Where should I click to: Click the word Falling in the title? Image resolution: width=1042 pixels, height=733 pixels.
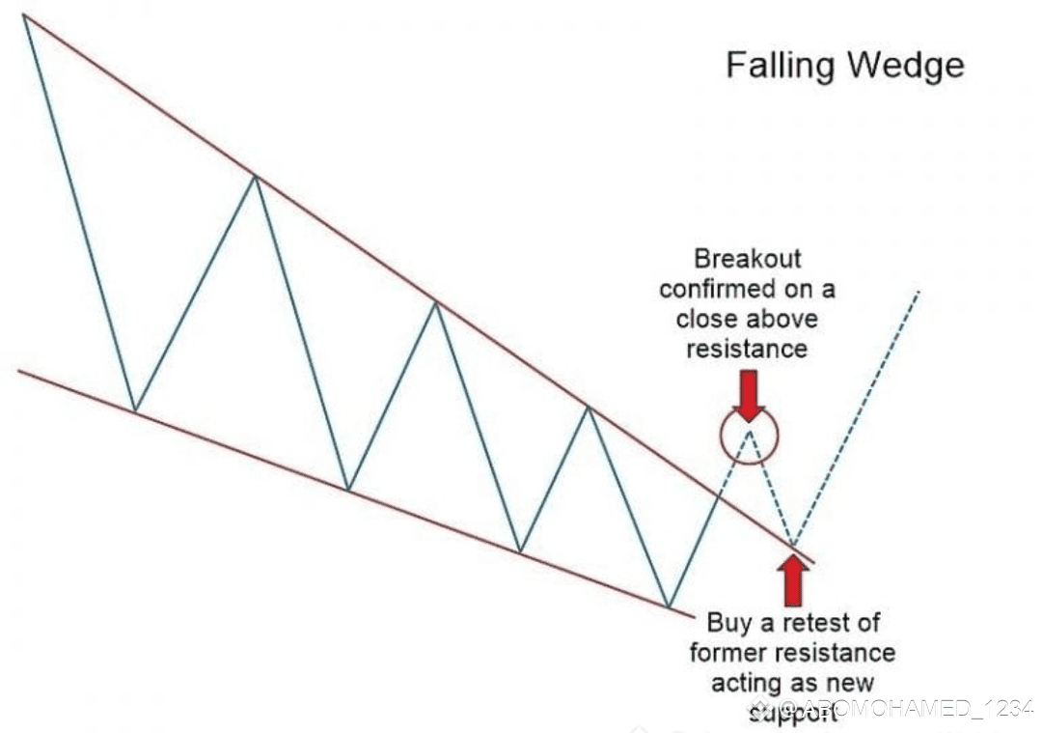coord(780,66)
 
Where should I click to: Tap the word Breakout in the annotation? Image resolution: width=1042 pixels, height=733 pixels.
coord(748,259)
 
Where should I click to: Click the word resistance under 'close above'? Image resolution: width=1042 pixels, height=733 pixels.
coord(746,348)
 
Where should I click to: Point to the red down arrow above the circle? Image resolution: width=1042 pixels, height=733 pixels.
coord(748,394)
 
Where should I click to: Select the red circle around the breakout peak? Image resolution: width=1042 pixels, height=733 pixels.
coord(748,436)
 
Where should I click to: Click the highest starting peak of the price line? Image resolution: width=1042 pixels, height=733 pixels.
coord(24,18)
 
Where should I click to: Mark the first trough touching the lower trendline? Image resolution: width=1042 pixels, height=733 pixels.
coord(134,410)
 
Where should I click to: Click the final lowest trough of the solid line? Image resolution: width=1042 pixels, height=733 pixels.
coord(669,606)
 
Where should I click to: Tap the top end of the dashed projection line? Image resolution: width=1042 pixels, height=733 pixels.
coord(919,290)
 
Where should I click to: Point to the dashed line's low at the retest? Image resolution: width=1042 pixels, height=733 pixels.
coord(793,546)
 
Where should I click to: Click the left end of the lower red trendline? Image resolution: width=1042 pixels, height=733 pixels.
coord(19,371)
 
